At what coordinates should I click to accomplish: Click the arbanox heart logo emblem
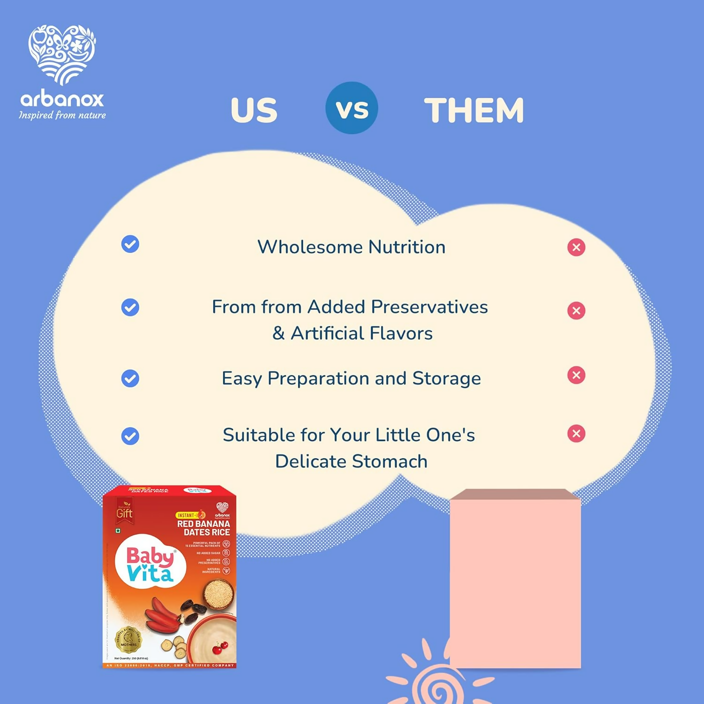[x=62, y=54]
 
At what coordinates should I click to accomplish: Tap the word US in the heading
[x=254, y=110]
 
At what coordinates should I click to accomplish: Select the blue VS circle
[x=352, y=108]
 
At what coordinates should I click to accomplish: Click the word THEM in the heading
[x=474, y=110]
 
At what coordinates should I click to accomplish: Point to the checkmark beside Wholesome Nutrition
[x=130, y=244]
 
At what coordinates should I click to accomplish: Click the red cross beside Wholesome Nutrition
[x=576, y=247]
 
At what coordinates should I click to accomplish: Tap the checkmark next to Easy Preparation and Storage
[x=130, y=378]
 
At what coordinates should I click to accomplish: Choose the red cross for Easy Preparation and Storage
[x=576, y=375]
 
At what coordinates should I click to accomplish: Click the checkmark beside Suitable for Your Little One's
[x=130, y=436]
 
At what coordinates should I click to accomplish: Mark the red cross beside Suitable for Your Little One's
[x=576, y=434]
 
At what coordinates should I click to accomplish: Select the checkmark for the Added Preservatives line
[x=130, y=307]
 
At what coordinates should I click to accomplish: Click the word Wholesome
[x=310, y=247]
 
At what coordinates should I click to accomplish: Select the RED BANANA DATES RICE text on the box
[x=204, y=528]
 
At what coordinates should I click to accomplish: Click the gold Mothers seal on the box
[x=128, y=639]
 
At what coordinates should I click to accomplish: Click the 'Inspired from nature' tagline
[x=62, y=115]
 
